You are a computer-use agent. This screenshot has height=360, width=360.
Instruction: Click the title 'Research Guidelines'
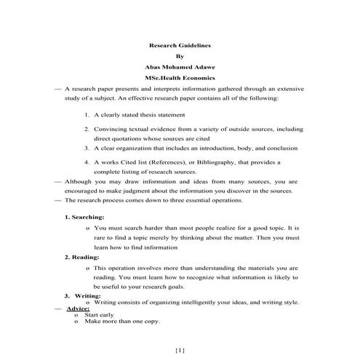(x=180, y=44)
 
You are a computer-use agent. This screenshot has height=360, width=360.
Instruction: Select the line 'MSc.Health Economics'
(x=180, y=76)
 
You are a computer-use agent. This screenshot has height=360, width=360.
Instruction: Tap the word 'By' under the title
(x=180, y=55)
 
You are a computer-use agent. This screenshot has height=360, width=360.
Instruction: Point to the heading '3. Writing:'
(x=82, y=296)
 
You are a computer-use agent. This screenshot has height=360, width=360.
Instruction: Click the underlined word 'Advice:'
(x=78, y=308)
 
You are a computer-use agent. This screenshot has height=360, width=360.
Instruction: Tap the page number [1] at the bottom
(x=180, y=350)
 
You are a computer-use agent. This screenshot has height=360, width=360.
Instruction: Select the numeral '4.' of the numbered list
(x=87, y=161)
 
